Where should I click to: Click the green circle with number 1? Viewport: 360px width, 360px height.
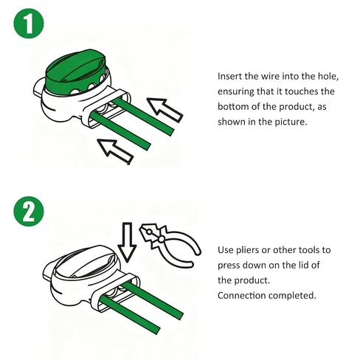[x=29, y=24]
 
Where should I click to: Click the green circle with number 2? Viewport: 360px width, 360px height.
[x=29, y=212]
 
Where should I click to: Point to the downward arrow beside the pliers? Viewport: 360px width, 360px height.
[x=127, y=242]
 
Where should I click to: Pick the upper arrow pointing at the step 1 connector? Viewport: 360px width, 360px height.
[x=165, y=110]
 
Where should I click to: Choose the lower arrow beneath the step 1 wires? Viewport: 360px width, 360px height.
[x=115, y=151]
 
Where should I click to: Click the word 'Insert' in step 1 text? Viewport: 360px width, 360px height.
[x=229, y=76]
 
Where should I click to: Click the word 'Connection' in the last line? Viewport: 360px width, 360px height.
[x=241, y=296]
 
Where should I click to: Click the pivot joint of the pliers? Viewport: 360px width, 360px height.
[x=162, y=238]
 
